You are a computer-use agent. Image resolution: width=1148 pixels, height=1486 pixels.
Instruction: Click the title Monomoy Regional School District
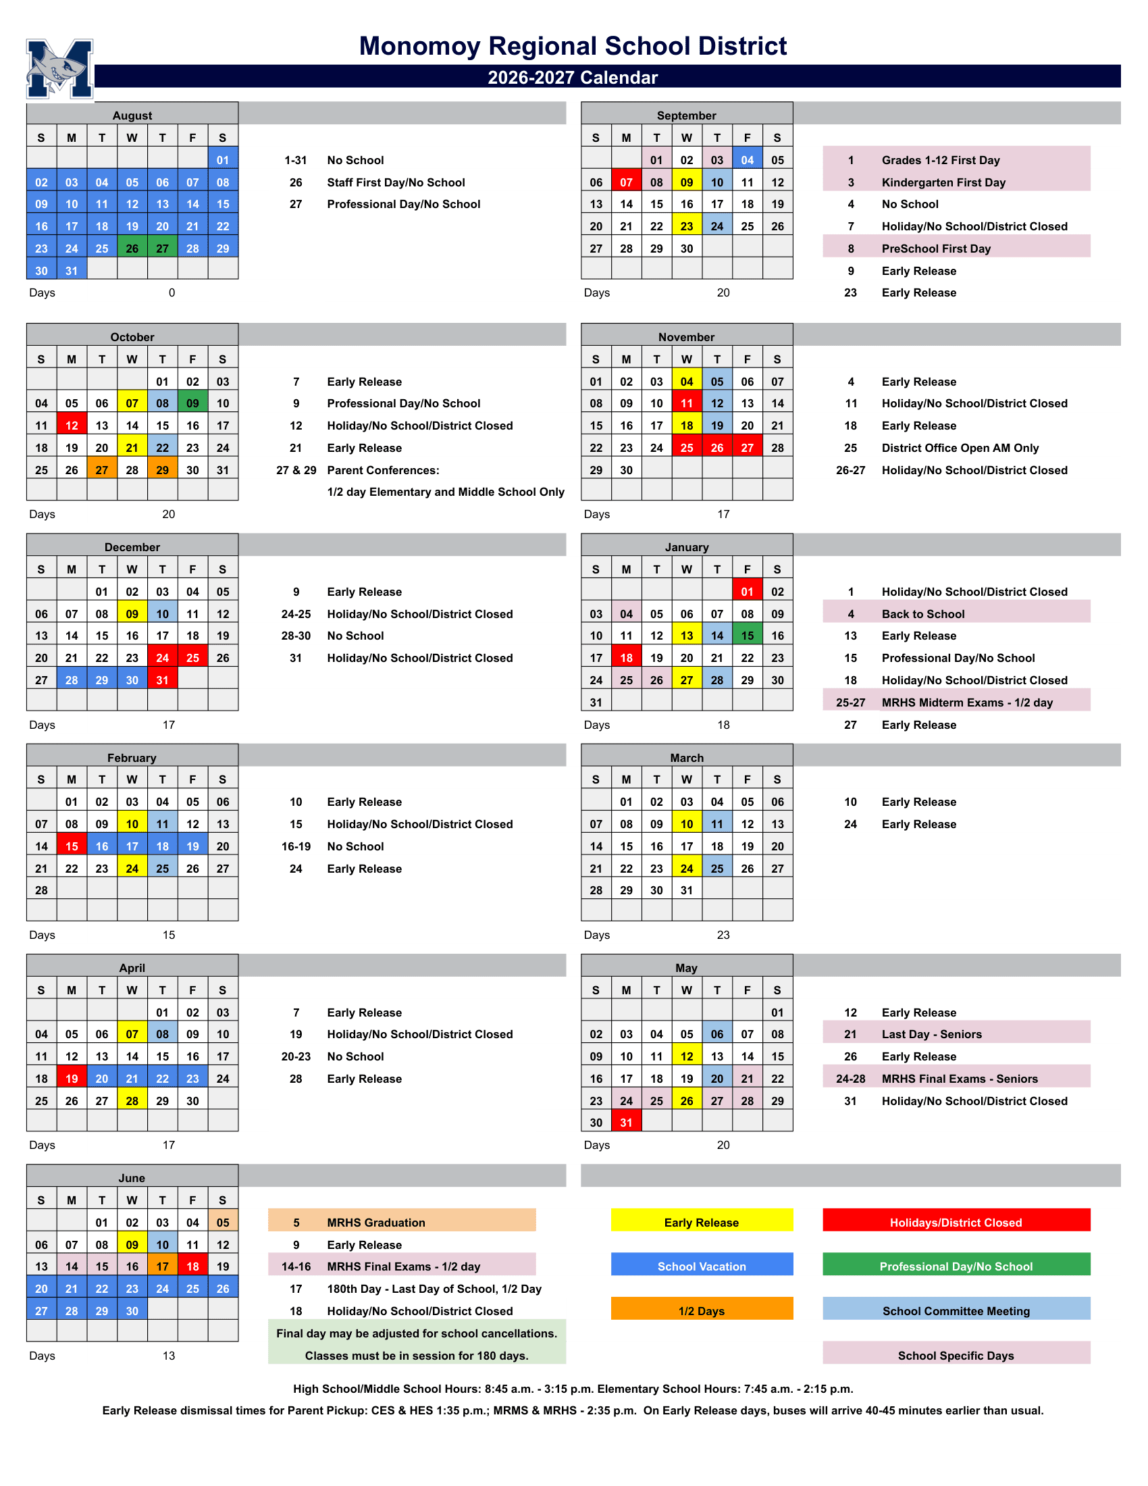click(573, 46)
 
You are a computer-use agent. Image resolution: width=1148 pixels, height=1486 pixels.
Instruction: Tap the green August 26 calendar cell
click(132, 249)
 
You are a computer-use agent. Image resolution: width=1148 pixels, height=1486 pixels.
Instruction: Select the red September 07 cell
click(626, 182)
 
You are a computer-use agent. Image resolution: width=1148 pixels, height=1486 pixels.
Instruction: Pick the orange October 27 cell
click(102, 470)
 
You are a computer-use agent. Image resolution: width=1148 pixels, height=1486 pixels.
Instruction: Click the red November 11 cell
click(686, 403)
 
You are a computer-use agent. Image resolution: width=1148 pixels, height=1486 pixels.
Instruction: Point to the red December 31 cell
click(163, 680)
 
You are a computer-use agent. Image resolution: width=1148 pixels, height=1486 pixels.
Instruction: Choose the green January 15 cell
click(747, 636)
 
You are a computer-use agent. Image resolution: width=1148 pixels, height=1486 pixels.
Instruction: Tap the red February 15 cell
click(72, 846)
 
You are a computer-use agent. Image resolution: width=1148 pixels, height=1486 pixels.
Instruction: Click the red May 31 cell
click(626, 1123)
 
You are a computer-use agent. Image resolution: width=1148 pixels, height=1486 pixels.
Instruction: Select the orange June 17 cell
click(163, 1266)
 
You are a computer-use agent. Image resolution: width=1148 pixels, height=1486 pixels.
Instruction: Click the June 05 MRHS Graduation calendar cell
click(223, 1223)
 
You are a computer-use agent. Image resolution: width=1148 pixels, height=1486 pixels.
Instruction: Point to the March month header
click(686, 758)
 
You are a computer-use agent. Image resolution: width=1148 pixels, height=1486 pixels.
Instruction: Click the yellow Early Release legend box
click(701, 1223)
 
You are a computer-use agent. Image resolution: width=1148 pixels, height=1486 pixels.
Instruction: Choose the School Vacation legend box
click(701, 1266)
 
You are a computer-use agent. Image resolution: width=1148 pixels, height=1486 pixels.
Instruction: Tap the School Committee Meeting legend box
click(956, 1311)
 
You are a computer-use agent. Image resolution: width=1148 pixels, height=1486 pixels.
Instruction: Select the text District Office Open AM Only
click(960, 448)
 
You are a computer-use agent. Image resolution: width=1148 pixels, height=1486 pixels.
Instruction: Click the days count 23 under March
click(723, 935)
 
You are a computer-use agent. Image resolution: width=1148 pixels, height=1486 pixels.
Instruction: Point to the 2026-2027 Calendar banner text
click(573, 78)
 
